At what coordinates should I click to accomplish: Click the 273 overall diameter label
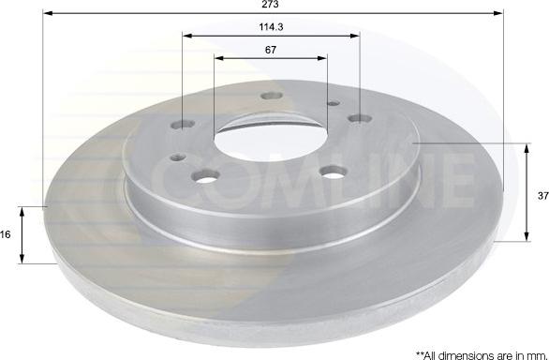coord(272,6)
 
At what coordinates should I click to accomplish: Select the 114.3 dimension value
coord(271,27)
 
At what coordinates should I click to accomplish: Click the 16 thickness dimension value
coord(7,235)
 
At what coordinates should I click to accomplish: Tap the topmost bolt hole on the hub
coord(273,95)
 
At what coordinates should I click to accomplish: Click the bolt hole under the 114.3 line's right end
coord(357,118)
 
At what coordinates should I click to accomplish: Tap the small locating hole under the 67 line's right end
coord(329,103)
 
